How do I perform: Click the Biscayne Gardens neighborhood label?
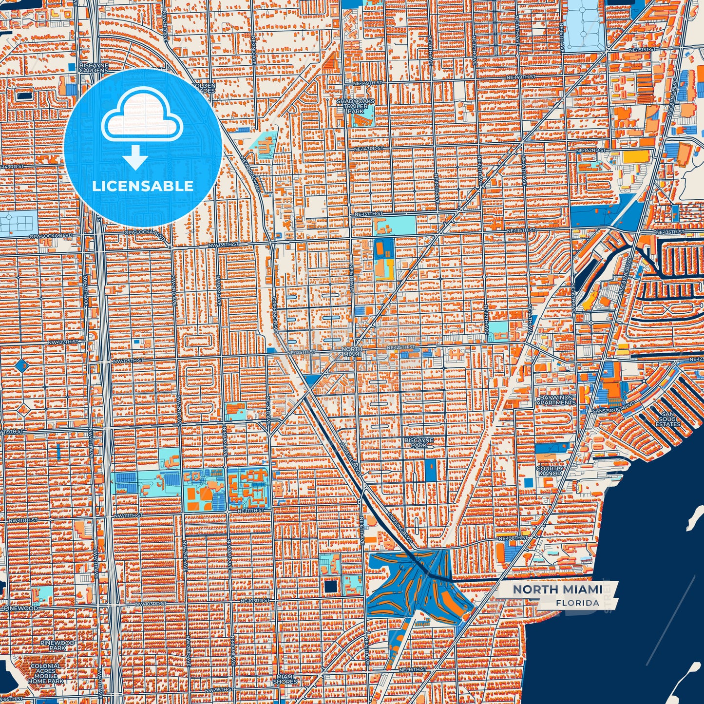[94, 68]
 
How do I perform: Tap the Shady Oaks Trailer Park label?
[356, 106]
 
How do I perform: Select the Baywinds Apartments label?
[557, 400]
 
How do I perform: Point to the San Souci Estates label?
[667, 419]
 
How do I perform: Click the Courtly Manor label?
[550, 471]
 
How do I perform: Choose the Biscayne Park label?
[419, 442]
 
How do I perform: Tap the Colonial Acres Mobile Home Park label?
[46, 673]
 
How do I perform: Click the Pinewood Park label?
[57, 646]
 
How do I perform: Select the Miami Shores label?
[285, 679]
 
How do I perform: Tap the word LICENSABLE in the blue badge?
[143, 186]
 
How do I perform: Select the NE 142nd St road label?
[590, 151]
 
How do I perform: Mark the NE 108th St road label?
[513, 538]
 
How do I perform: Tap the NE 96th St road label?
[413, 670]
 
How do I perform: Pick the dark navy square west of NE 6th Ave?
[331, 587]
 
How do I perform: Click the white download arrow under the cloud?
[135, 157]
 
